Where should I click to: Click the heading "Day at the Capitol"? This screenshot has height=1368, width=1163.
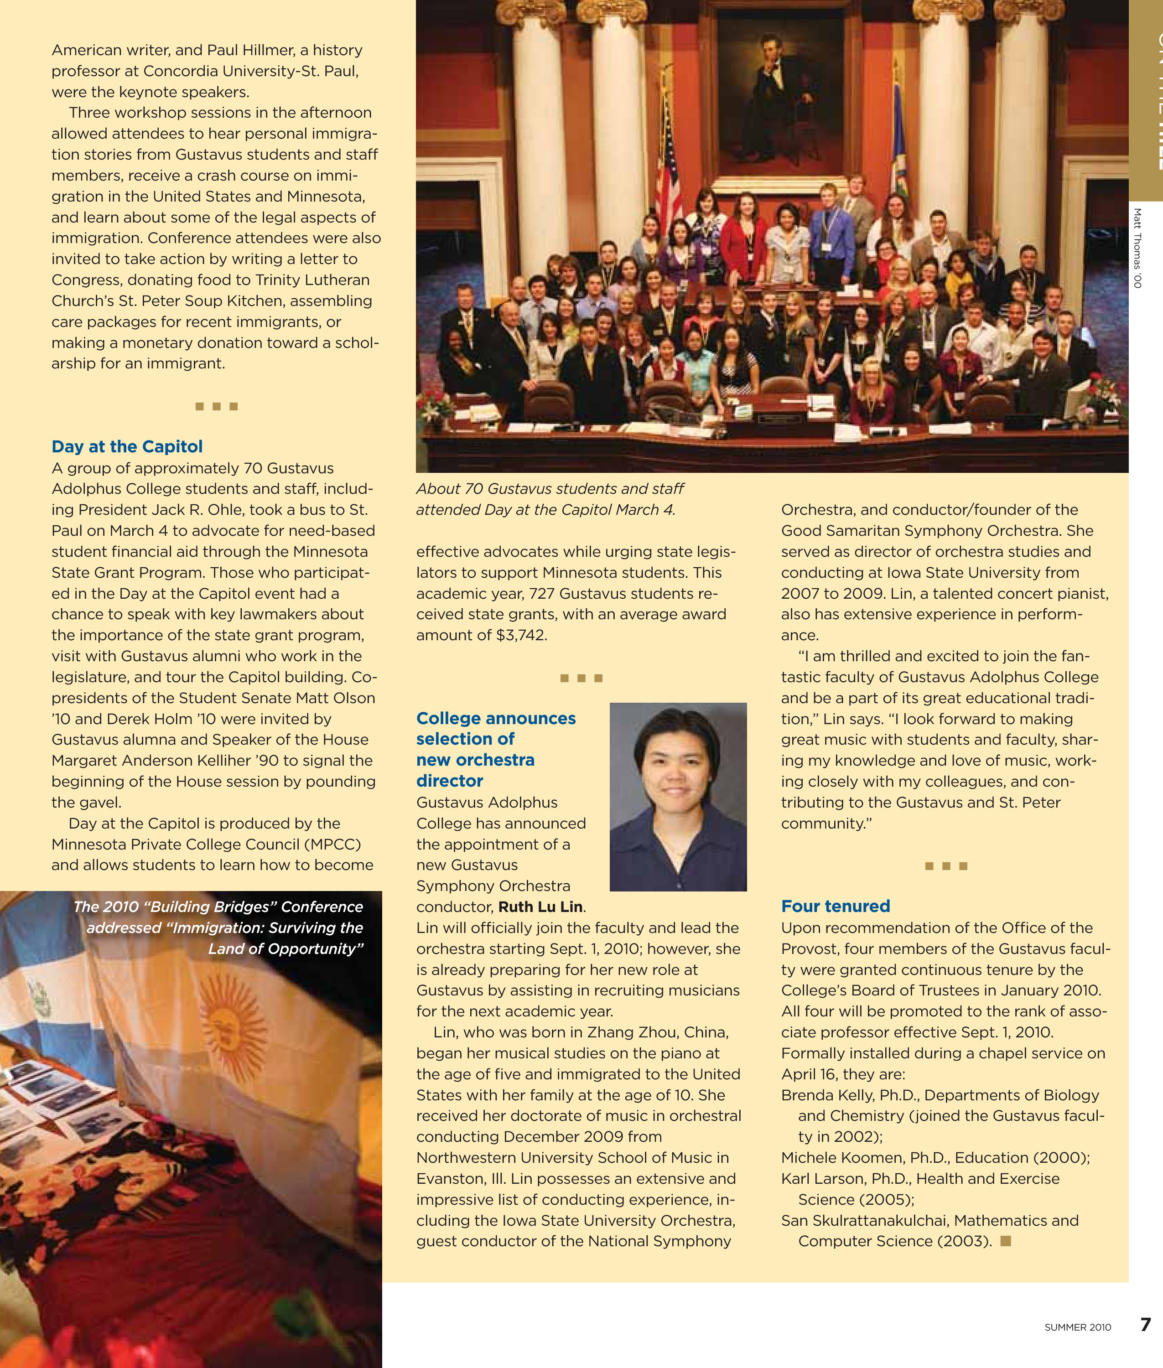[127, 446]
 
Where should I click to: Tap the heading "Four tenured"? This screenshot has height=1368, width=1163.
[836, 906]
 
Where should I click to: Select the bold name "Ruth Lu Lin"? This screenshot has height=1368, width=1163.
[540, 907]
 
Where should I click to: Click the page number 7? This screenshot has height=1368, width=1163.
[1145, 1325]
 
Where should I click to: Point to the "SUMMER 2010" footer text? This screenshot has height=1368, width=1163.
[1077, 1327]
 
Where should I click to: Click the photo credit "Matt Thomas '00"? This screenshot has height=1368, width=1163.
[1137, 248]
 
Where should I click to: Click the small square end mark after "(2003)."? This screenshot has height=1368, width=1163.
[1006, 1241]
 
